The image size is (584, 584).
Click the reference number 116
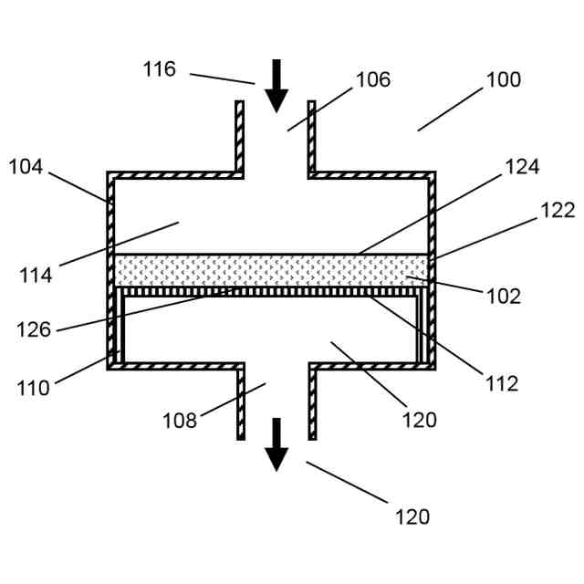click(159, 69)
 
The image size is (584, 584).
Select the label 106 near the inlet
click(372, 80)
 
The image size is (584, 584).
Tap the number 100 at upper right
click(503, 80)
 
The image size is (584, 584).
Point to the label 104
click(26, 166)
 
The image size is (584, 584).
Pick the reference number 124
click(522, 167)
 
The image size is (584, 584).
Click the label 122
click(558, 211)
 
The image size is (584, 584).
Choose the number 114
click(36, 275)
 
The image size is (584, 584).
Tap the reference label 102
click(503, 297)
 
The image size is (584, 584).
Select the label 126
click(34, 329)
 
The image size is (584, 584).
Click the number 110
click(33, 388)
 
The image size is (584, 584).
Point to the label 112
click(502, 384)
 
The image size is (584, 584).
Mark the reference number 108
click(180, 421)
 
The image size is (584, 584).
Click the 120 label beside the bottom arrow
click(412, 516)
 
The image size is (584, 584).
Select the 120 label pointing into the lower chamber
click(419, 420)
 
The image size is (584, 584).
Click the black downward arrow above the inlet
click(276, 85)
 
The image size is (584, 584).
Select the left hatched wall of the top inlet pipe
click(240, 137)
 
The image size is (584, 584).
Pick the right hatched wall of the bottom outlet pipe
click(312, 401)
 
